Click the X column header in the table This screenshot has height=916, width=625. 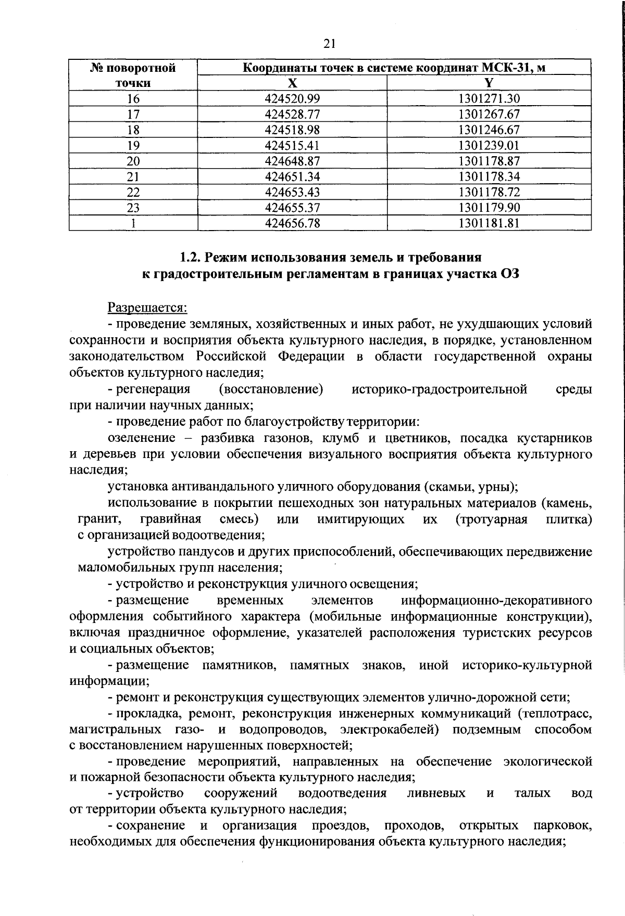292,83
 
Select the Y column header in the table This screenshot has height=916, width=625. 489,83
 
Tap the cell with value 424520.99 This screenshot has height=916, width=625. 292,98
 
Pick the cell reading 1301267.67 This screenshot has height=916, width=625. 489,114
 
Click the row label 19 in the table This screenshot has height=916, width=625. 133,145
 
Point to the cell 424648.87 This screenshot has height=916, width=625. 292,161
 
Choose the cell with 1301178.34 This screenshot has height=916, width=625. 489,176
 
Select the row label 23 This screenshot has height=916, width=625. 133,208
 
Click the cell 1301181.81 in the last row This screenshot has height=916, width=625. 489,223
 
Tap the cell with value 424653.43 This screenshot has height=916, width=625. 292,192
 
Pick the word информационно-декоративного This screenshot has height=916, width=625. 496,600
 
